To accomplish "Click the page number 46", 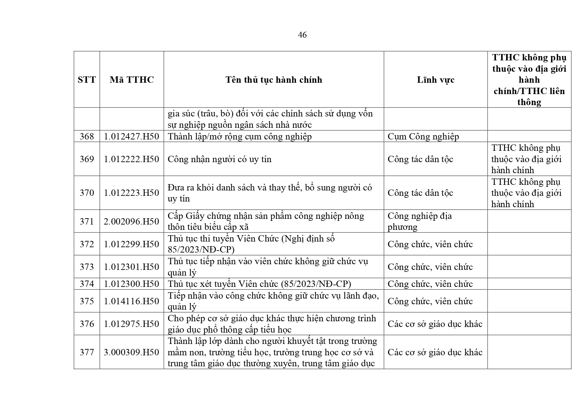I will point(302,35).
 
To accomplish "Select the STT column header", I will point(87,80).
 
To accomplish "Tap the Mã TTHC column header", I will point(132,80).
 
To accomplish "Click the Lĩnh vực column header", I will point(435,80).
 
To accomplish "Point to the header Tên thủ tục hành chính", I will point(274,80).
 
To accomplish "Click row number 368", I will point(87,136).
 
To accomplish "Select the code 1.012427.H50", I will point(132,136).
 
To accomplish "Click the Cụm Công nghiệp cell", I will point(423,136).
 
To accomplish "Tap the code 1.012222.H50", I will point(132,159).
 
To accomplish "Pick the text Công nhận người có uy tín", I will point(219,159).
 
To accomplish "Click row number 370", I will point(87,193).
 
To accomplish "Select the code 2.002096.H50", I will point(132,222).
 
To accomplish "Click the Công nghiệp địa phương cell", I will point(419,222).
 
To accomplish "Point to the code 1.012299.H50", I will point(132,244).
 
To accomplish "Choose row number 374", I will point(87,284).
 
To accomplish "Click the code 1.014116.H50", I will point(132,301).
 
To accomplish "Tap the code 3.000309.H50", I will point(132,352).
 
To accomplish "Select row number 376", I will point(87,324).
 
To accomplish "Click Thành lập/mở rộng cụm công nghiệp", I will point(240,136).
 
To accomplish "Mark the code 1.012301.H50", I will point(132,267).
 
